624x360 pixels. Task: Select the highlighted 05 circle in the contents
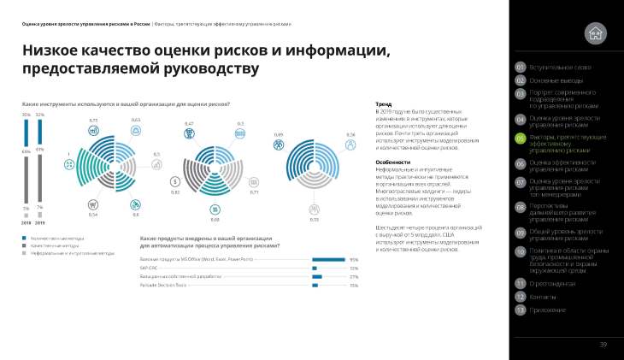pos(520,138)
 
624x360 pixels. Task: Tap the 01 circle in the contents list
pos(520,67)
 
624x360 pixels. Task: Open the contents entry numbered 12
pos(520,296)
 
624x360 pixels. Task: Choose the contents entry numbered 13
pos(520,310)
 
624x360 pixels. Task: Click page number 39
pos(603,345)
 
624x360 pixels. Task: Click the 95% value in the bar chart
pos(353,259)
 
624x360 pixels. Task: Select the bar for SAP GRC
pos(315,268)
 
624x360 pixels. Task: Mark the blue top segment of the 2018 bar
pos(26,120)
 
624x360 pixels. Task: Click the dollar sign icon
pos(174,181)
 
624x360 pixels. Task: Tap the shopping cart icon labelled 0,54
pos(92,204)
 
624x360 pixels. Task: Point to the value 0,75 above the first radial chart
pos(93,121)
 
